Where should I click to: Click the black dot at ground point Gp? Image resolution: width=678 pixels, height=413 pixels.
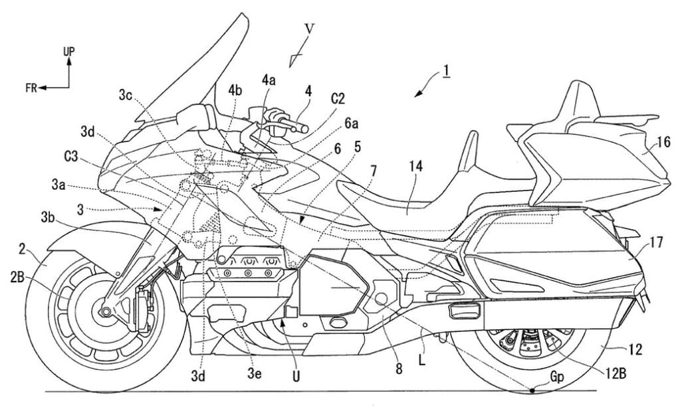(x=534, y=391)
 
